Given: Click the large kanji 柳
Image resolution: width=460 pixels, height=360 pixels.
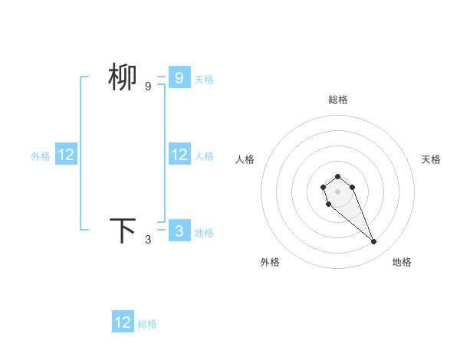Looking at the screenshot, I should click(x=123, y=77).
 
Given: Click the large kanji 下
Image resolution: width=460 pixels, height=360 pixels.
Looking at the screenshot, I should click(x=123, y=231).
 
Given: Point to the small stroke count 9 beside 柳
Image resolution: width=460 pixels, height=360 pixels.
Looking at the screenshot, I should click(x=148, y=87).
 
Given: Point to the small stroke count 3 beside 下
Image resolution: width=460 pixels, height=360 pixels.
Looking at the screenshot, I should click(x=148, y=240).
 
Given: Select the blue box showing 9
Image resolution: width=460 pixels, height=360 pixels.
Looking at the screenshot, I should click(x=179, y=77).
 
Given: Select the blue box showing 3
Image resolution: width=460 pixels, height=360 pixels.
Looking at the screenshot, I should click(x=179, y=231).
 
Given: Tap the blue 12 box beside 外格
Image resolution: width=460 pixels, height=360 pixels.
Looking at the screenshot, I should click(x=66, y=155).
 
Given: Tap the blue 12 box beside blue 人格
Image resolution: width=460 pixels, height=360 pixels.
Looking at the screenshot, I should click(x=179, y=155).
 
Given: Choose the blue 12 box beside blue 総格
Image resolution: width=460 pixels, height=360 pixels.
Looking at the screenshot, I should click(x=123, y=322).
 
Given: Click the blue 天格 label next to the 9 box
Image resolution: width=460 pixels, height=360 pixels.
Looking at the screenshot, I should click(x=204, y=79).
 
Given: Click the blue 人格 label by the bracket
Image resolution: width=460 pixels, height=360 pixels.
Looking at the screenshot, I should click(x=204, y=155).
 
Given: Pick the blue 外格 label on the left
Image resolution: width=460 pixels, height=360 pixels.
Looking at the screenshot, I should click(x=41, y=155).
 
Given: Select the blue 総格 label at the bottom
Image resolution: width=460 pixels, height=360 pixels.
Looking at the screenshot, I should click(x=147, y=324).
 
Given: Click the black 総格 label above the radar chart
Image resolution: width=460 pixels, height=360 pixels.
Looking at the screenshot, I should click(x=338, y=100).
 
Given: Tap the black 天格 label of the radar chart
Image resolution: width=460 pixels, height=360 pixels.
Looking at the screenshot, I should click(x=432, y=159).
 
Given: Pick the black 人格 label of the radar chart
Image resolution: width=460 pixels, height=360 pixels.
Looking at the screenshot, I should click(x=245, y=159).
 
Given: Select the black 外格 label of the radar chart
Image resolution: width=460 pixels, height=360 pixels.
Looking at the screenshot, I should click(x=270, y=262).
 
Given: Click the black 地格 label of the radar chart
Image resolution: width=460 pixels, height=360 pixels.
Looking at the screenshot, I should click(x=402, y=262).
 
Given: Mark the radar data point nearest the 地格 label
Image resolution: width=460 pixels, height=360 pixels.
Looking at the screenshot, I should click(x=374, y=242).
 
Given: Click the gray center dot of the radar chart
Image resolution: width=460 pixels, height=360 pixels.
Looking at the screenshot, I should click(x=337, y=191).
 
